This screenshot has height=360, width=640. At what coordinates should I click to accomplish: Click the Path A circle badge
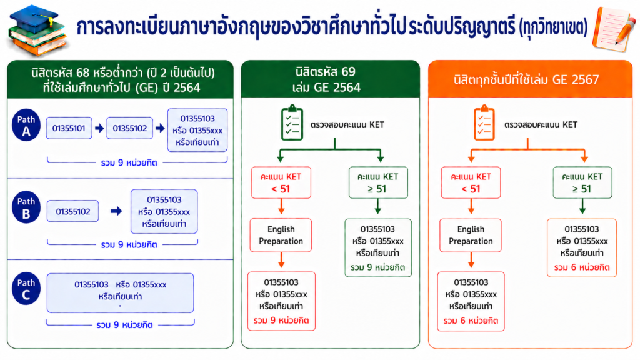(x=26, y=125)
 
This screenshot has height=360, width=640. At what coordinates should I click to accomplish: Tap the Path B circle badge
(x=26, y=207)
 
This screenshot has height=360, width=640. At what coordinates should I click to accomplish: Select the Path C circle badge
(x=26, y=289)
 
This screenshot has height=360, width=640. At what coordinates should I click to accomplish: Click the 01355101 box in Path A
(x=69, y=128)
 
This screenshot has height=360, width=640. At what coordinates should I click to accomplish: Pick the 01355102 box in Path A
(x=130, y=128)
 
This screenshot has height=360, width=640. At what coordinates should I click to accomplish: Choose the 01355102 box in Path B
(x=72, y=211)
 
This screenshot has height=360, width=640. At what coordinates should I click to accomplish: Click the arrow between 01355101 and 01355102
(x=99, y=128)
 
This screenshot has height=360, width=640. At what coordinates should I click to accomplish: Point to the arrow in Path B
(x=116, y=211)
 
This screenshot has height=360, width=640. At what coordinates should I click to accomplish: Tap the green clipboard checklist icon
(x=292, y=122)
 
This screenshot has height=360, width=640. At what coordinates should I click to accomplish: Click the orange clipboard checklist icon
(x=484, y=122)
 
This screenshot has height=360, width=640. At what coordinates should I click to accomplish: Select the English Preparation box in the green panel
(x=281, y=235)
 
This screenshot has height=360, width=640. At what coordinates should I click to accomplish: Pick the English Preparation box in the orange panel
(x=471, y=235)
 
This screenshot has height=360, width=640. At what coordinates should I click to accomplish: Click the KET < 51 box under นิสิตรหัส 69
(x=281, y=182)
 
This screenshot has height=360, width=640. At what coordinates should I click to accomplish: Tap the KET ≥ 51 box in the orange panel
(x=582, y=182)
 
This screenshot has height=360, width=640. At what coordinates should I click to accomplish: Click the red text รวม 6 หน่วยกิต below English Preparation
(x=471, y=321)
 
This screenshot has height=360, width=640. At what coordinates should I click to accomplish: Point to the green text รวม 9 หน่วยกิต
(x=377, y=267)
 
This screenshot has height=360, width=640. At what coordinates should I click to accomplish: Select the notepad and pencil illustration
(x=614, y=29)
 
